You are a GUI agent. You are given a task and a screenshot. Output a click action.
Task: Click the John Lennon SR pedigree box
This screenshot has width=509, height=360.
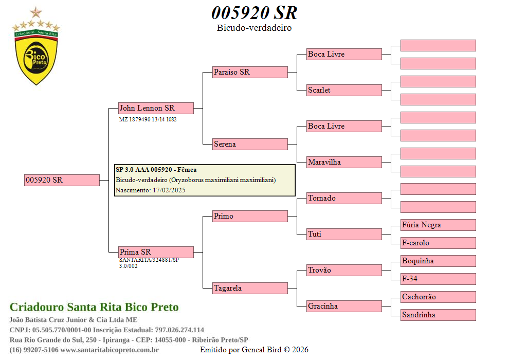pos(156,108)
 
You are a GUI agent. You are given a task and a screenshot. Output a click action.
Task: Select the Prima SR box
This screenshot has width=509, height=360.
pos(156,252)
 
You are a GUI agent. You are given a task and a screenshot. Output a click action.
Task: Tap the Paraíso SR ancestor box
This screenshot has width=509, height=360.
pos(250,72)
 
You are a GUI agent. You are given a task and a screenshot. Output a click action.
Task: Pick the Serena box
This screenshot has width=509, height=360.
pos(250,144)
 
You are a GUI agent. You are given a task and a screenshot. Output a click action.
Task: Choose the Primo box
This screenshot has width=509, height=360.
pos(250,216)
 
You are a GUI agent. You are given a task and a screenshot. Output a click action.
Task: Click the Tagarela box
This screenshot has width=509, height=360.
pos(250,288)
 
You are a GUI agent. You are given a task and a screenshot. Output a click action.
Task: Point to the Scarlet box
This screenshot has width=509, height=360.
pos(344,90)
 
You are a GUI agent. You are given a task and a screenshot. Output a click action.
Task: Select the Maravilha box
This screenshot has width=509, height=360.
pos(344,162)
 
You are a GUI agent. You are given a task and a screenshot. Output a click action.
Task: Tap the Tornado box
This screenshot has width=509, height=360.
pos(344,198)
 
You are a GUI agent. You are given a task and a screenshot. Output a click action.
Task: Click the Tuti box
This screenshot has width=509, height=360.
pos(344,234)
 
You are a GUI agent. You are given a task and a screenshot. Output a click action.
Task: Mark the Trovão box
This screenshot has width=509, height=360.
pos(344,270)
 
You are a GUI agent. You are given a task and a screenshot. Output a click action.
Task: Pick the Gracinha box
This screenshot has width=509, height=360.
pos(344,306)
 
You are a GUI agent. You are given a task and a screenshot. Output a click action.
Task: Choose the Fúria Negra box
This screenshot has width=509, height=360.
pos(438,225)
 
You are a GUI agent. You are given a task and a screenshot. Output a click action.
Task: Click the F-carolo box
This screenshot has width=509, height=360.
pos(438,243)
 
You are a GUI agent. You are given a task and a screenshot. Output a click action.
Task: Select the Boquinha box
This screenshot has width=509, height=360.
pos(438,261)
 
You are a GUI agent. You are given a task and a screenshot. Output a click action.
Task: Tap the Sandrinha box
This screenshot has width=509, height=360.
pos(438,315)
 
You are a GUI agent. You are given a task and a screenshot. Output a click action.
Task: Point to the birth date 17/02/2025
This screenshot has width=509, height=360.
pos(169,190)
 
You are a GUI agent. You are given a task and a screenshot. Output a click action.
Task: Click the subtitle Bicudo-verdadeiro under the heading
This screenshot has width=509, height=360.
pos(254,28)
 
